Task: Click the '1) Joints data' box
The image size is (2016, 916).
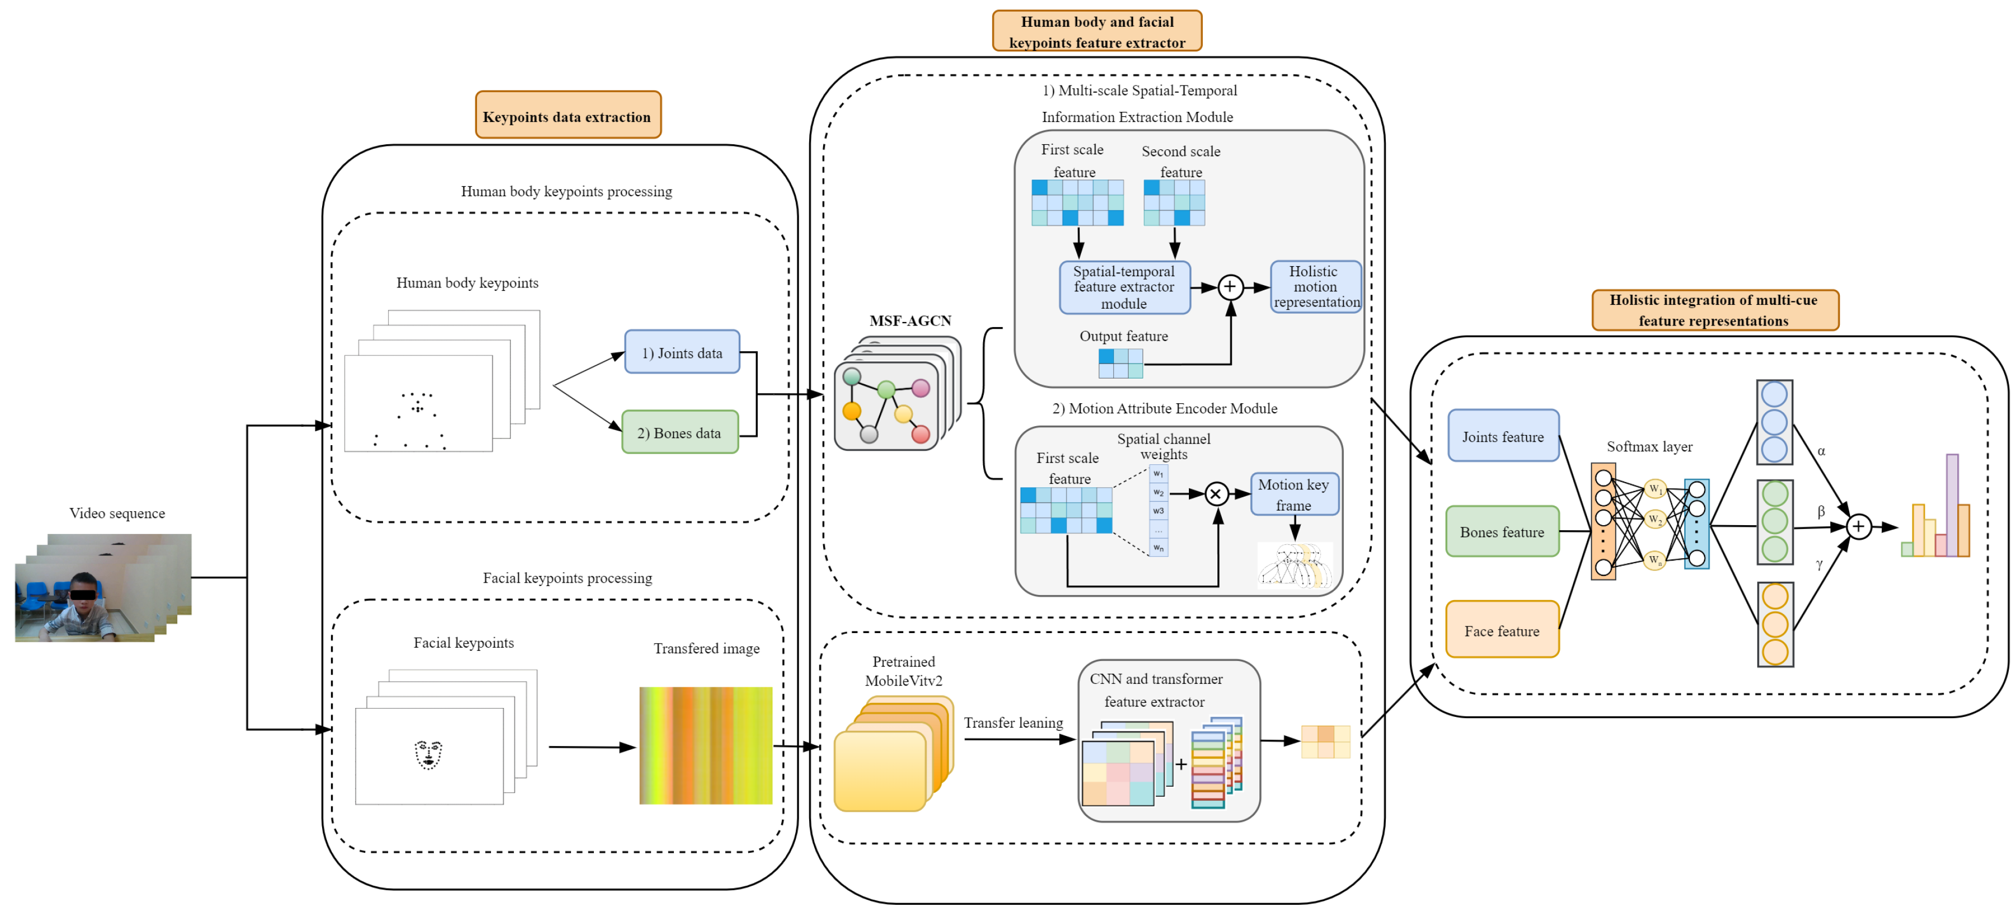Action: coord(682,352)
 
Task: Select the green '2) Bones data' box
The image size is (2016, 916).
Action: coord(679,432)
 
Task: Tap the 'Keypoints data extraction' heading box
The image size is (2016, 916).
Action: coord(568,116)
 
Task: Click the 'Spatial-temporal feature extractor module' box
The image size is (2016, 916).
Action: coord(1124,287)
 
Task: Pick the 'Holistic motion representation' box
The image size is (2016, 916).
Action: coord(1315,286)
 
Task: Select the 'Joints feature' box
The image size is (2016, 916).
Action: coord(1503,436)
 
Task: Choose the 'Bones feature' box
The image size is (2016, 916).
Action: coord(1502,532)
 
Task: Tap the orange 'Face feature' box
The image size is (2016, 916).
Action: coord(1502,630)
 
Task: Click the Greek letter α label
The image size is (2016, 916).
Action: coord(1821,451)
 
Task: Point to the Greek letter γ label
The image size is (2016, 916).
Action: coord(1820,564)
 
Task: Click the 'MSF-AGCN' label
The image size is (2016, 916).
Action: coord(910,320)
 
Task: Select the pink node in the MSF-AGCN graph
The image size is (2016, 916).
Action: coord(921,388)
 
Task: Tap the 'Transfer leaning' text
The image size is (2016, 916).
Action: coord(1013,723)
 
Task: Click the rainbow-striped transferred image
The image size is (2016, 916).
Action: coord(705,745)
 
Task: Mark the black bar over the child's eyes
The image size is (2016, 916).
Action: coord(83,594)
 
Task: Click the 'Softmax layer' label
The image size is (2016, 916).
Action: coord(1649,446)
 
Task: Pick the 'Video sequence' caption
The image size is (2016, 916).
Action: coord(117,513)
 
